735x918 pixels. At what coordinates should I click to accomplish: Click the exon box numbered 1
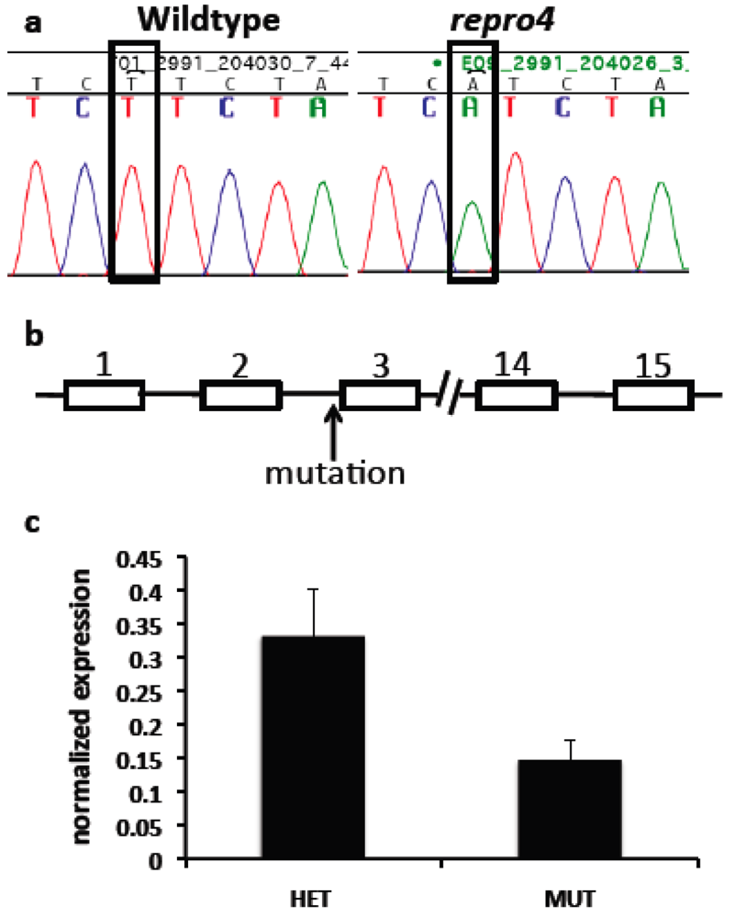pos(103,397)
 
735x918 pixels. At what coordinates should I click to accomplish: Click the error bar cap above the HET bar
pos(314,589)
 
